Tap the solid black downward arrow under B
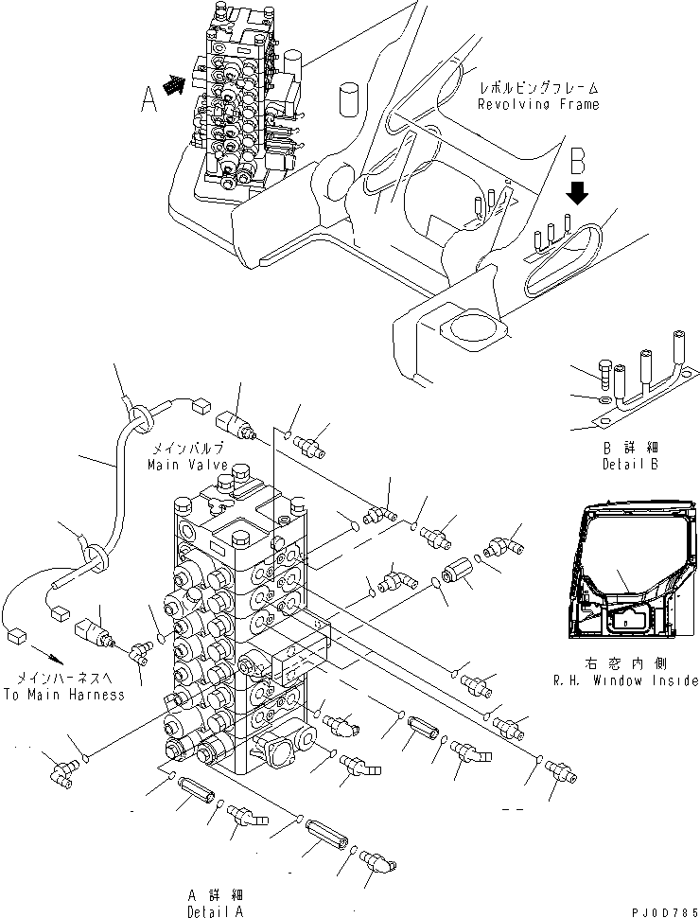pos(578,193)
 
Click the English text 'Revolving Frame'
pos(538,104)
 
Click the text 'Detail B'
pos(629,465)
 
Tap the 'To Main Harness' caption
pos(63,694)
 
